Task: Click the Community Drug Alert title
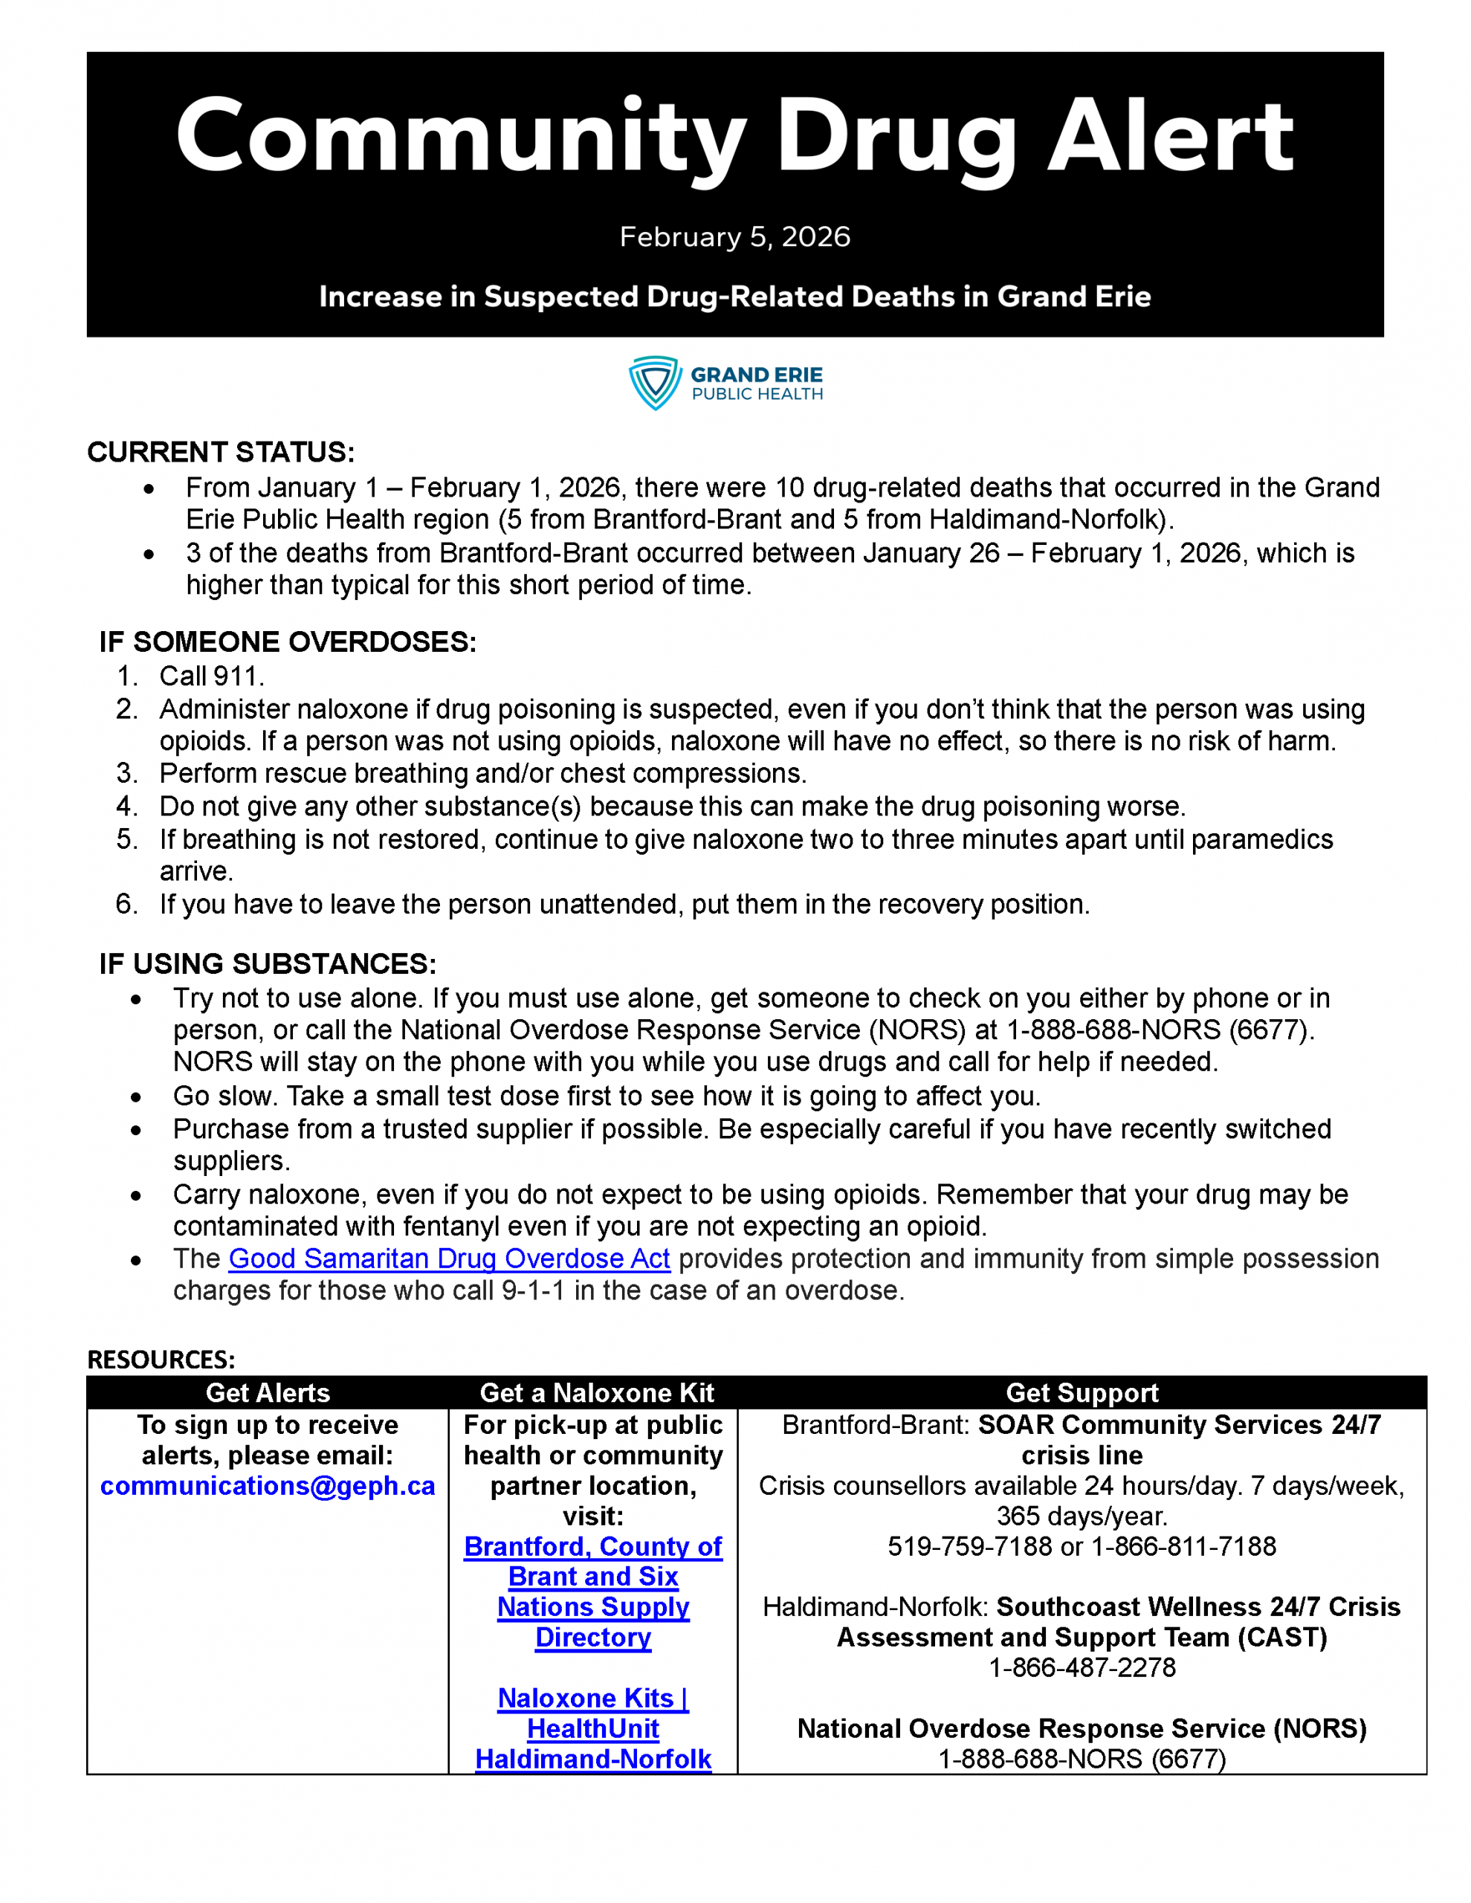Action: point(734,137)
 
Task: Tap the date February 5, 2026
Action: point(734,237)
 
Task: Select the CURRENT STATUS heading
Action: point(222,452)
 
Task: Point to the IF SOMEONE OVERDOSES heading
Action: point(288,642)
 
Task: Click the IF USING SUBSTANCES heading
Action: point(268,963)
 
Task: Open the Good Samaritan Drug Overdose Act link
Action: point(449,1259)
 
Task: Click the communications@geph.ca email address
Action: point(268,1486)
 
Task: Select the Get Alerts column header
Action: point(268,1392)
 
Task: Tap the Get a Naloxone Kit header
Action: point(596,1392)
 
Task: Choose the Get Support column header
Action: point(1082,1392)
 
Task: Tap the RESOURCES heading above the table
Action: point(161,1360)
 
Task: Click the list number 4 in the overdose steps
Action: point(126,806)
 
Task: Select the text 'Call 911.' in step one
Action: point(211,676)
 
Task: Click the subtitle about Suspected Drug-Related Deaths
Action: point(734,297)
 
